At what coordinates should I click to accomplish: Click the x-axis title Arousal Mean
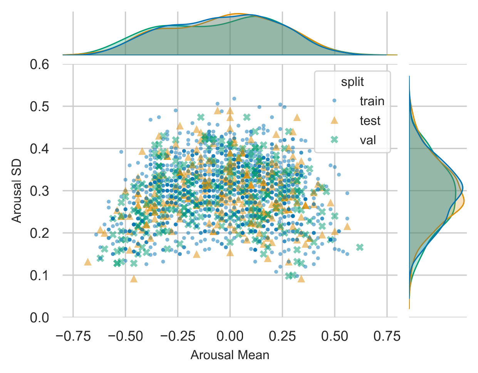[x=230, y=355]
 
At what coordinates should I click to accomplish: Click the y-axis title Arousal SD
[x=16, y=191]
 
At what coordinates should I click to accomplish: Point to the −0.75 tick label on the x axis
[x=73, y=336]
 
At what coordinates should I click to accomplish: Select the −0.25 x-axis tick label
[x=178, y=336]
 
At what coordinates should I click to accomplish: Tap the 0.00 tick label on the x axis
[x=230, y=336]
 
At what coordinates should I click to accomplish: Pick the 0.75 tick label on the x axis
[x=387, y=336]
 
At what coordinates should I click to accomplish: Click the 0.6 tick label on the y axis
[x=40, y=64]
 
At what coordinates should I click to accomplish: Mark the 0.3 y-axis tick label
[x=40, y=191]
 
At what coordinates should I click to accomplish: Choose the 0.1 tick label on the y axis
[x=40, y=275]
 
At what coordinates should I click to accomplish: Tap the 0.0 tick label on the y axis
[x=40, y=318]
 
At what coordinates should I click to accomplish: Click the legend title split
[x=352, y=82]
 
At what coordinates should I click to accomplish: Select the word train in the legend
[x=372, y=101]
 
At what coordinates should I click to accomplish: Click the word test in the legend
[x=370, y=121]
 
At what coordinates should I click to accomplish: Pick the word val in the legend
[x=368, y=140]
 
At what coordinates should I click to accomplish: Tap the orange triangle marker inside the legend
[x=334, y=120]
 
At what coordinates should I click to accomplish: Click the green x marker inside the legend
[x=334, y=140]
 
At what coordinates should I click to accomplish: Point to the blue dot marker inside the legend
[x=334, y=101]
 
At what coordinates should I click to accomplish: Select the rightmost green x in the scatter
[x=360, y=247]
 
